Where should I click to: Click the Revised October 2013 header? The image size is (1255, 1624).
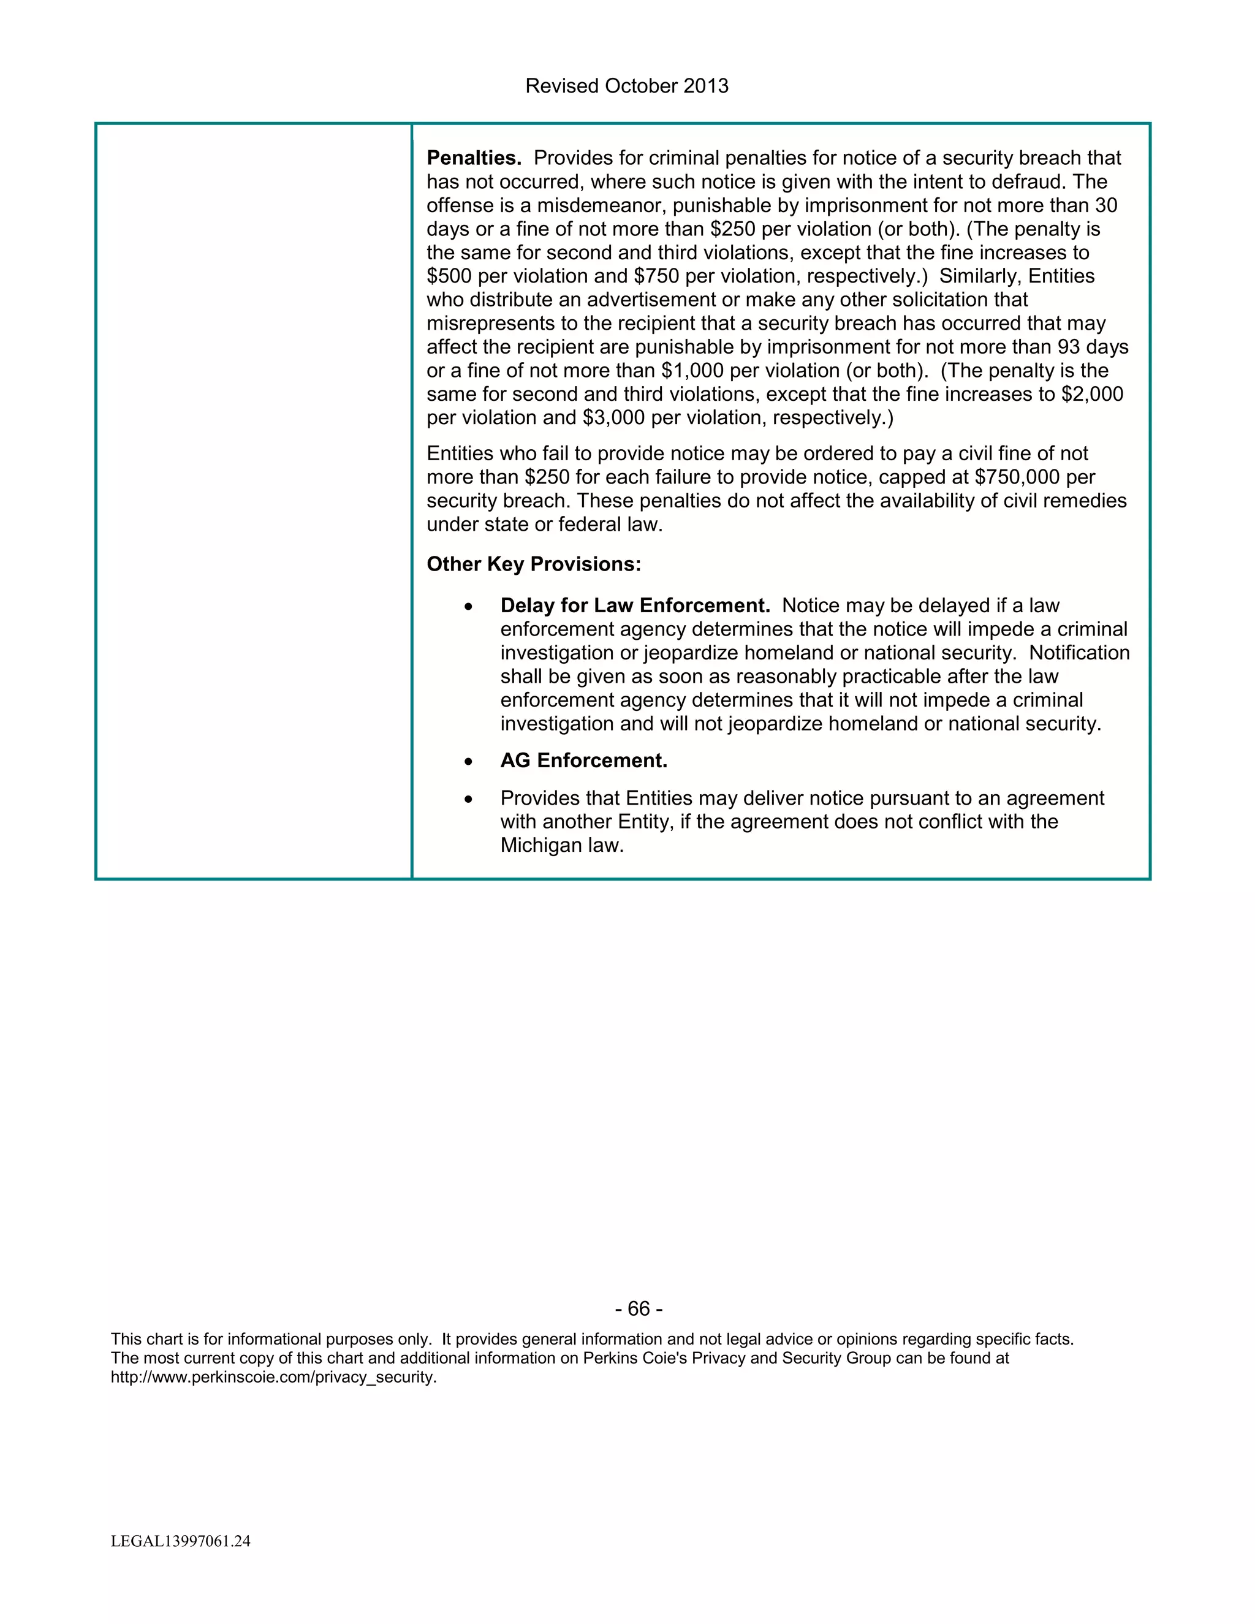tap(626, 86)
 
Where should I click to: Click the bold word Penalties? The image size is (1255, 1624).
tap(474, 158)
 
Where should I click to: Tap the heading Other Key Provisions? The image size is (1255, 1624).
tap(533, 564)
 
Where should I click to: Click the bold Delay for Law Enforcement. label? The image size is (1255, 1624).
tap(635, 606)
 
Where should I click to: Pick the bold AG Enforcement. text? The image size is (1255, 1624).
tap(583, 761)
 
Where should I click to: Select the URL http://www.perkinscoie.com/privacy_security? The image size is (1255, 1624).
tap(273, 1377)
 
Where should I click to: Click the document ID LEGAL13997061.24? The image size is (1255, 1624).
tap(181, 1541)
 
